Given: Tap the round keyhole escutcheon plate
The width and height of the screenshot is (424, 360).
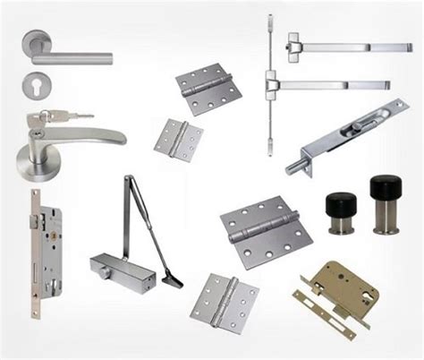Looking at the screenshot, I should [38, 87].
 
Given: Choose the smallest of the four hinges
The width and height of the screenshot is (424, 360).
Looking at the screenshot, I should [177, 138].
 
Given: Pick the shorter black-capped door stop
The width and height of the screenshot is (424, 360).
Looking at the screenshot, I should [340, 211].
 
